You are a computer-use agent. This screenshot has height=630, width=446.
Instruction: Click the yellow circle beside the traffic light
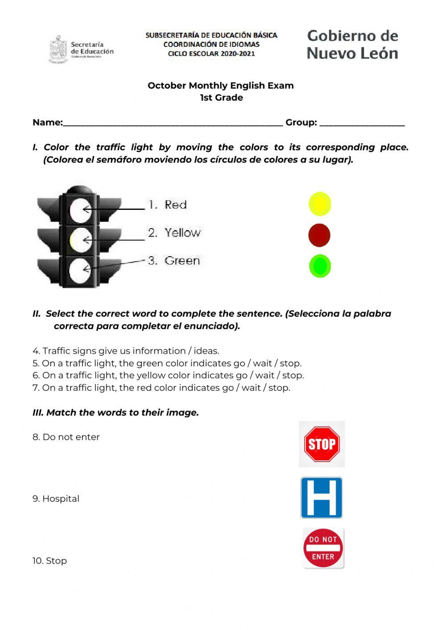[x=320, y=204]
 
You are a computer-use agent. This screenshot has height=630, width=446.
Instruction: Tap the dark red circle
[x=319, y=235]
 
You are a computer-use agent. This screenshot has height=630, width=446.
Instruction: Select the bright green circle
[x=320, y=266]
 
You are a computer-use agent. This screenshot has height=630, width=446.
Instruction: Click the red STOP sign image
[x=322, y=444]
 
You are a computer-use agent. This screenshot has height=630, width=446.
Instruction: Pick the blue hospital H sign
[x=322, y=498]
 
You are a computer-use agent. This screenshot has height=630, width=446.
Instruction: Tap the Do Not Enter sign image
[x=323, y=548]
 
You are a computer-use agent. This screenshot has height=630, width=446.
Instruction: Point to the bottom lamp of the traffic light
[x=81, y=269]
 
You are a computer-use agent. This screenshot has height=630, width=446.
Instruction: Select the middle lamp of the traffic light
[x=81, y=240]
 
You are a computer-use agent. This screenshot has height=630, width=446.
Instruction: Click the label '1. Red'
[x=168, y=205]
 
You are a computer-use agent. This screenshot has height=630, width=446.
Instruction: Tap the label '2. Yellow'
[x=174, y=233]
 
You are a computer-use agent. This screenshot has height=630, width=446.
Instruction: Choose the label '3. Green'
[x=174, y=261]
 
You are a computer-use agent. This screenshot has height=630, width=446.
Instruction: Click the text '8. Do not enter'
[x=66, y=437]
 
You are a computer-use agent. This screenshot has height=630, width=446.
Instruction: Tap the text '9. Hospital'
[x=56, y=499]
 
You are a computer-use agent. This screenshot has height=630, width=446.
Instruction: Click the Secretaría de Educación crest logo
[x=58, y=49]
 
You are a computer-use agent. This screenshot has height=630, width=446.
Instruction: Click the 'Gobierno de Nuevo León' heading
[x=352, y=45]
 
